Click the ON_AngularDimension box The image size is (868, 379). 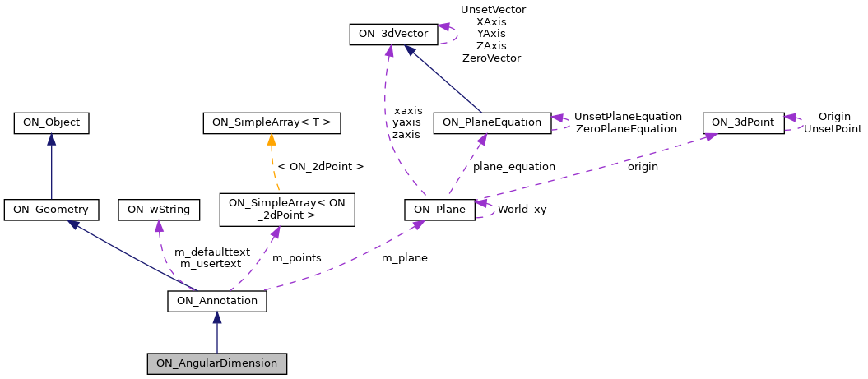point(217,363)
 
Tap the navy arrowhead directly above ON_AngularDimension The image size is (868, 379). point(217,317)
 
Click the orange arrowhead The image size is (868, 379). point(272,139)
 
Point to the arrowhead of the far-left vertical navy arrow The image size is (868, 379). point(51,139)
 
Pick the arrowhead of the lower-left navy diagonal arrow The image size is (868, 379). point(73,224)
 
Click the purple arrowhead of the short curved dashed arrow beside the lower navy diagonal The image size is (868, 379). point(159,226)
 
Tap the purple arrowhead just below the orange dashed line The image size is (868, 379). point(275,233)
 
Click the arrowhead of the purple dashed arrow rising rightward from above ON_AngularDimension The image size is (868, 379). point(418,223)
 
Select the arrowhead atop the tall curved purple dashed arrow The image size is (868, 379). point(389,51)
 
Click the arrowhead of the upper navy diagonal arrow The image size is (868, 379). point(409,49)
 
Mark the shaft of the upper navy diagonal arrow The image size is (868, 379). point(444,81)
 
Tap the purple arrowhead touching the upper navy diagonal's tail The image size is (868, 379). point(481,140)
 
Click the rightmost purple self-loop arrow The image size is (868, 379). point(793,122)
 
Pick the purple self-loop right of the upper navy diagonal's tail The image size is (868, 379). point(560,122)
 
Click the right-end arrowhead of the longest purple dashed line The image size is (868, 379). point(711,136)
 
